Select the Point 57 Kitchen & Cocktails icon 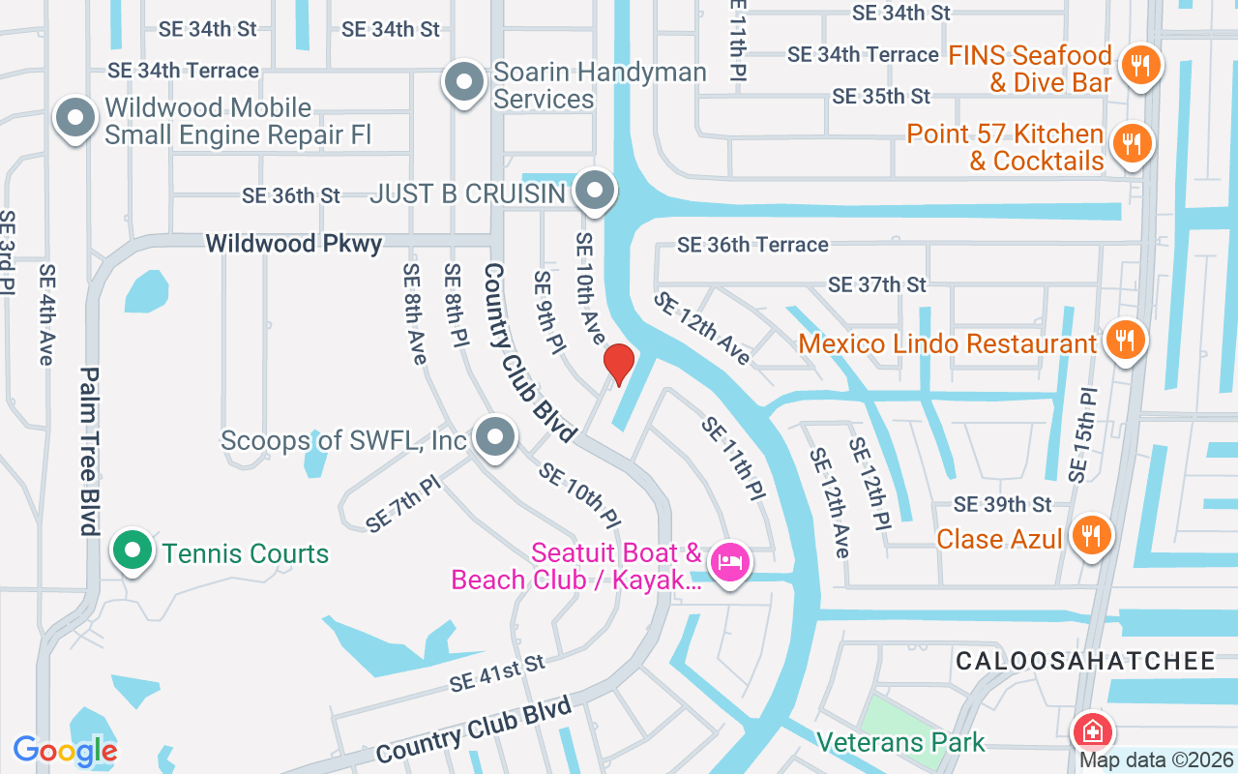click(x=1129, y=144)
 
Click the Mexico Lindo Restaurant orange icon click(x=1123, y=340)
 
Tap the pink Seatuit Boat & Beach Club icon click(x=730, y=562)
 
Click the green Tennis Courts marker click(x=133, y=551)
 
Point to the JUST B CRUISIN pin click(x=594, y=190)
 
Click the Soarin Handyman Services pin click(x=464, y=81)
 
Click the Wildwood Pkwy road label click(x=293, y=243)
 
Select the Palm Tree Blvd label click(x=90, y=451)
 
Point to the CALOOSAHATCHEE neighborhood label click(x=1085, y=661)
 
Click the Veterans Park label click(x=900, y=742)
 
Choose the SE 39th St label click(x=1002, y=504)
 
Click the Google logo click(x=66, y=750)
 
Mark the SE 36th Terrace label click(x=752, y=245)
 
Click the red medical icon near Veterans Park click(x=1092, y=730)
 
